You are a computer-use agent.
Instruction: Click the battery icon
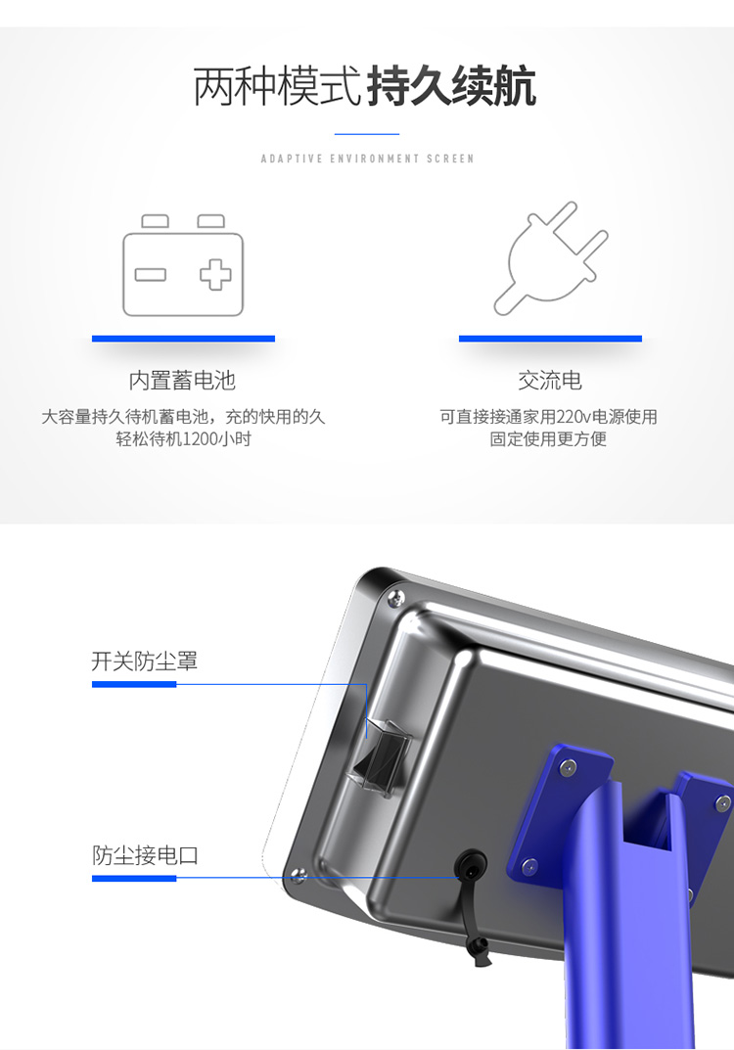coord(183,265)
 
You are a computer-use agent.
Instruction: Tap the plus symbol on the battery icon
coord(215,274)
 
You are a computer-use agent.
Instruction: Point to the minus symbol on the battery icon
coord(150,275)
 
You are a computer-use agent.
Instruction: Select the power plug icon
coord(550,258)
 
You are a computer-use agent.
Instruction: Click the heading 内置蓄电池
coord(182,381)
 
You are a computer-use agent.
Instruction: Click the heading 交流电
coord(550,381)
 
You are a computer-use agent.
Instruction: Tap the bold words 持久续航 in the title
coord(452,86)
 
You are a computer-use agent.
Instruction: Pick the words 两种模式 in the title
coord(278,86)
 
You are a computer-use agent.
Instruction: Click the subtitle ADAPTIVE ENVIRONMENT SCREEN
coord(367,159)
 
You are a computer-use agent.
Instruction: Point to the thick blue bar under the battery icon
coord(184,339)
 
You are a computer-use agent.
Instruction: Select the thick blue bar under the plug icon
coord(550,339)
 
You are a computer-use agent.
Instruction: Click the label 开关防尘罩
coord(145,661)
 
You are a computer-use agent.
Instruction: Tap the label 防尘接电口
coord(145,855)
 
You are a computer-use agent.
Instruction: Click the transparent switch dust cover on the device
coord(379,758)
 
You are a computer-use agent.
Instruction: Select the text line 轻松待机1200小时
coord(184,439)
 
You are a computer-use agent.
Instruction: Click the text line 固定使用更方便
coord(548,439)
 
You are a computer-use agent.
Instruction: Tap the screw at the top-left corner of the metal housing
coord(395,597)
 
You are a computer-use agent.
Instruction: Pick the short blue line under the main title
coord(367,134)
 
